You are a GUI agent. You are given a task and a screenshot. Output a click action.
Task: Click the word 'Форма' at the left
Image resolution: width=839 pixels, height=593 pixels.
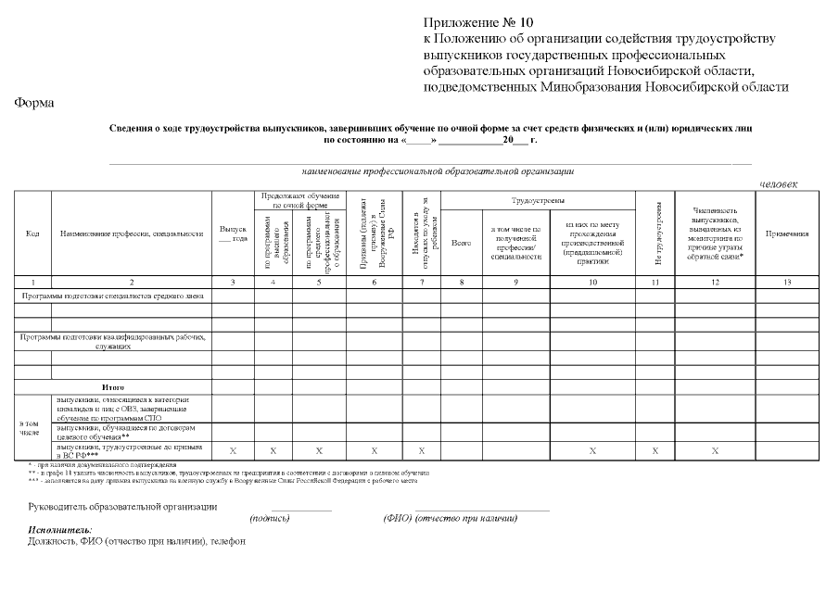(x=33, y=103)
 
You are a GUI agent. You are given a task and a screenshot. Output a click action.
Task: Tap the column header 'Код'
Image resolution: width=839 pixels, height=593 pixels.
(x=32, y=233)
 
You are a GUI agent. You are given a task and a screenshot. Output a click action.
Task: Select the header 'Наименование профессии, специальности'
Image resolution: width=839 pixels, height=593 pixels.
(x=131, y=233)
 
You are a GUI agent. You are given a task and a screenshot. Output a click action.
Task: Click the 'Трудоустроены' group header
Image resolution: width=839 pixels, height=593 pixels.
(x=539, y=200)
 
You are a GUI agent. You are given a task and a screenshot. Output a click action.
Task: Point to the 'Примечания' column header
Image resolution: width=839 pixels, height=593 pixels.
(x=787, y=233)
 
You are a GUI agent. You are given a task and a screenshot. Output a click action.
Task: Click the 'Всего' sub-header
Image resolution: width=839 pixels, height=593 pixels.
(x=461, y=243)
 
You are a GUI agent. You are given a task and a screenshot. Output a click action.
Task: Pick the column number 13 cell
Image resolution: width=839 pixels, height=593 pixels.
(x=787, y=282)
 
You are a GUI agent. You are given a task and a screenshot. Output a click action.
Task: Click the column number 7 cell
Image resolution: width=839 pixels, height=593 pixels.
(x=421, y=282)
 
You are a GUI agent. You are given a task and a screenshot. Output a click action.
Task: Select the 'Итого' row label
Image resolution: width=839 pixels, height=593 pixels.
(x=112, y=386)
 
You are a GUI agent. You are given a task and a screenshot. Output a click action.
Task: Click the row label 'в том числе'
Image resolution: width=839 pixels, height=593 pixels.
(x=30, y=427)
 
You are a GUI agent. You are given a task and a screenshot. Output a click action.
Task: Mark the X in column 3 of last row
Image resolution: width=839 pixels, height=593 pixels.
(x=233, y=450)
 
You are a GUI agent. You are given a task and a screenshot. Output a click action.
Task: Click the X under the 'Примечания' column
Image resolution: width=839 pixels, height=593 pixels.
(x=787, y=450)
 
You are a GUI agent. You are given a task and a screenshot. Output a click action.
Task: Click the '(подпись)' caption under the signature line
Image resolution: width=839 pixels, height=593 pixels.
(x=270, y=519)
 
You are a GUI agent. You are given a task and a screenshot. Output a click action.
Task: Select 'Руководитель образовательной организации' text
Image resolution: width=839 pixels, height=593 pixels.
(x=123, y=507)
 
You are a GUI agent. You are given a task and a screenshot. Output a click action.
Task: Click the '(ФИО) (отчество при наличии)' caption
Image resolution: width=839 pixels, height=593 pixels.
(x=450, y=519)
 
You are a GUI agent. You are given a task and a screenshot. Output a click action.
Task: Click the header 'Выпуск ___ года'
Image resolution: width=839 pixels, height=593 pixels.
(x=233, y=233)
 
